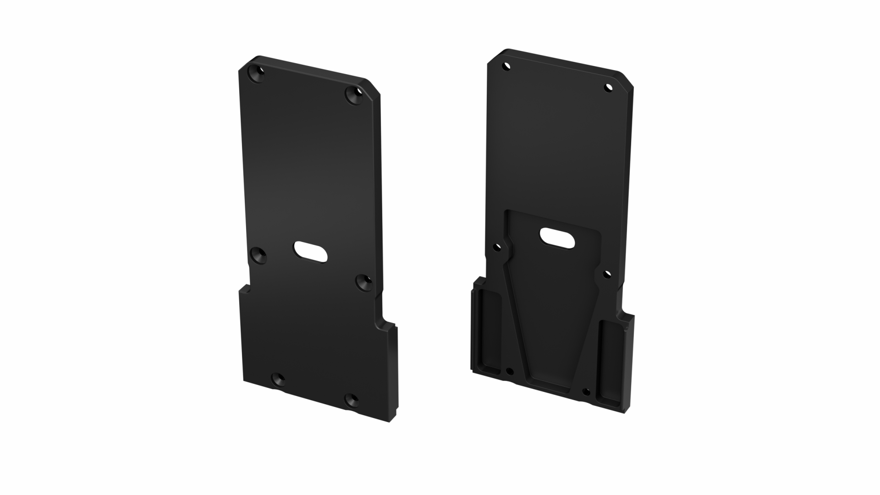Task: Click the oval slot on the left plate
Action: pos(311,252)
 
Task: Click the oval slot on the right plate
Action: pos(557,238)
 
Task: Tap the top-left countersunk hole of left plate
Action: pos(257,74)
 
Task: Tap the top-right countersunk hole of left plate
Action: pos(354,96)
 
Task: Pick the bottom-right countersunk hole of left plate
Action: pos(352,400)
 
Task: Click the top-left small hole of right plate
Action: pos(506,66)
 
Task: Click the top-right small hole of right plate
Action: pos(608,87)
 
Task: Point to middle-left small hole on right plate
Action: pos(496,247)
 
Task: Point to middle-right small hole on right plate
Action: pos(607,274)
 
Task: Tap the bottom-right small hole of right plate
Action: pos(585,391)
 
